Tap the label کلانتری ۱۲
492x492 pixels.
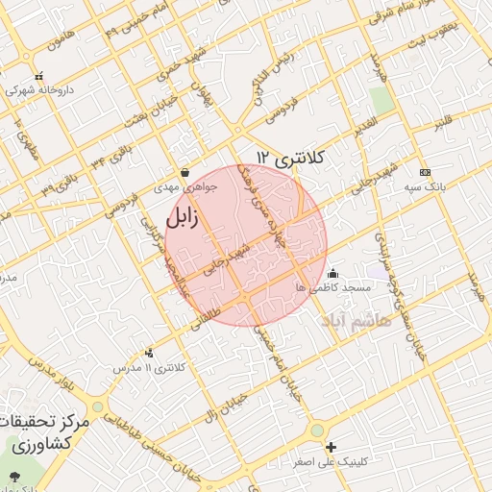click(292, 157)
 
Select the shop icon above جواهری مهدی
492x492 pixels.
click(184, 173)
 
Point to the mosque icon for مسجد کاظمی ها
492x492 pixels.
click(333, 273)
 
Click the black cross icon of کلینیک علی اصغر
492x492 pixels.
click(332, 447)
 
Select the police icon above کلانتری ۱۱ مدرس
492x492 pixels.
click(148, 353)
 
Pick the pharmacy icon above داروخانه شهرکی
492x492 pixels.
click(38, 77)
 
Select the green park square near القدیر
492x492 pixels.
click(382, 100)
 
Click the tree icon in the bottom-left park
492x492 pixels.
click(13, 476)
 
